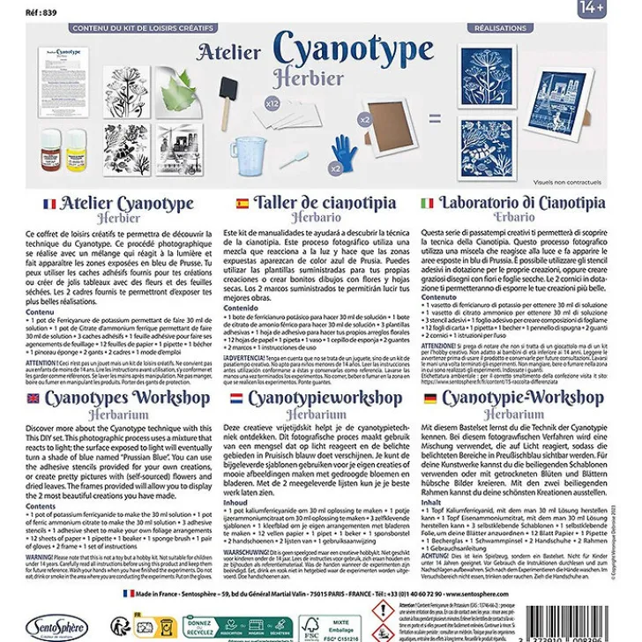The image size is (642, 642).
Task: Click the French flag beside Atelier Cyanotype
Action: click(x=49, y=204)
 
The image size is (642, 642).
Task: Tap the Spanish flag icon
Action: click(x=242, y=204)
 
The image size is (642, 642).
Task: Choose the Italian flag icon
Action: click(x=427, y=204)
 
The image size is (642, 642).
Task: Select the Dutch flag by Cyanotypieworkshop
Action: click(x=235, y=399)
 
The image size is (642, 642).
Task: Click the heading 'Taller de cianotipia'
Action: click(x=330, y=203)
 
